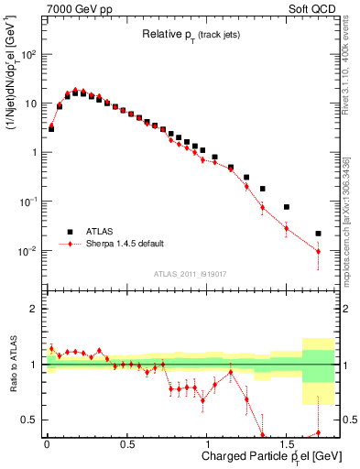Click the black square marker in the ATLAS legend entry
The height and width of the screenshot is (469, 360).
(x=69, y=232)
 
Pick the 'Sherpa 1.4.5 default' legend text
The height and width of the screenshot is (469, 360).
(x=125, y=245)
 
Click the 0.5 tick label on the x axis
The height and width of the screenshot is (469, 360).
(x=126, y=446)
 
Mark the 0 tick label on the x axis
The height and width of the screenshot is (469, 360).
(x=47, y=446)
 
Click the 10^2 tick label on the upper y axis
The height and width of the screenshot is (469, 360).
(x=31, y=55)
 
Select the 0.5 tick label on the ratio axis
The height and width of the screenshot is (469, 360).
(x=32, y=420)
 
